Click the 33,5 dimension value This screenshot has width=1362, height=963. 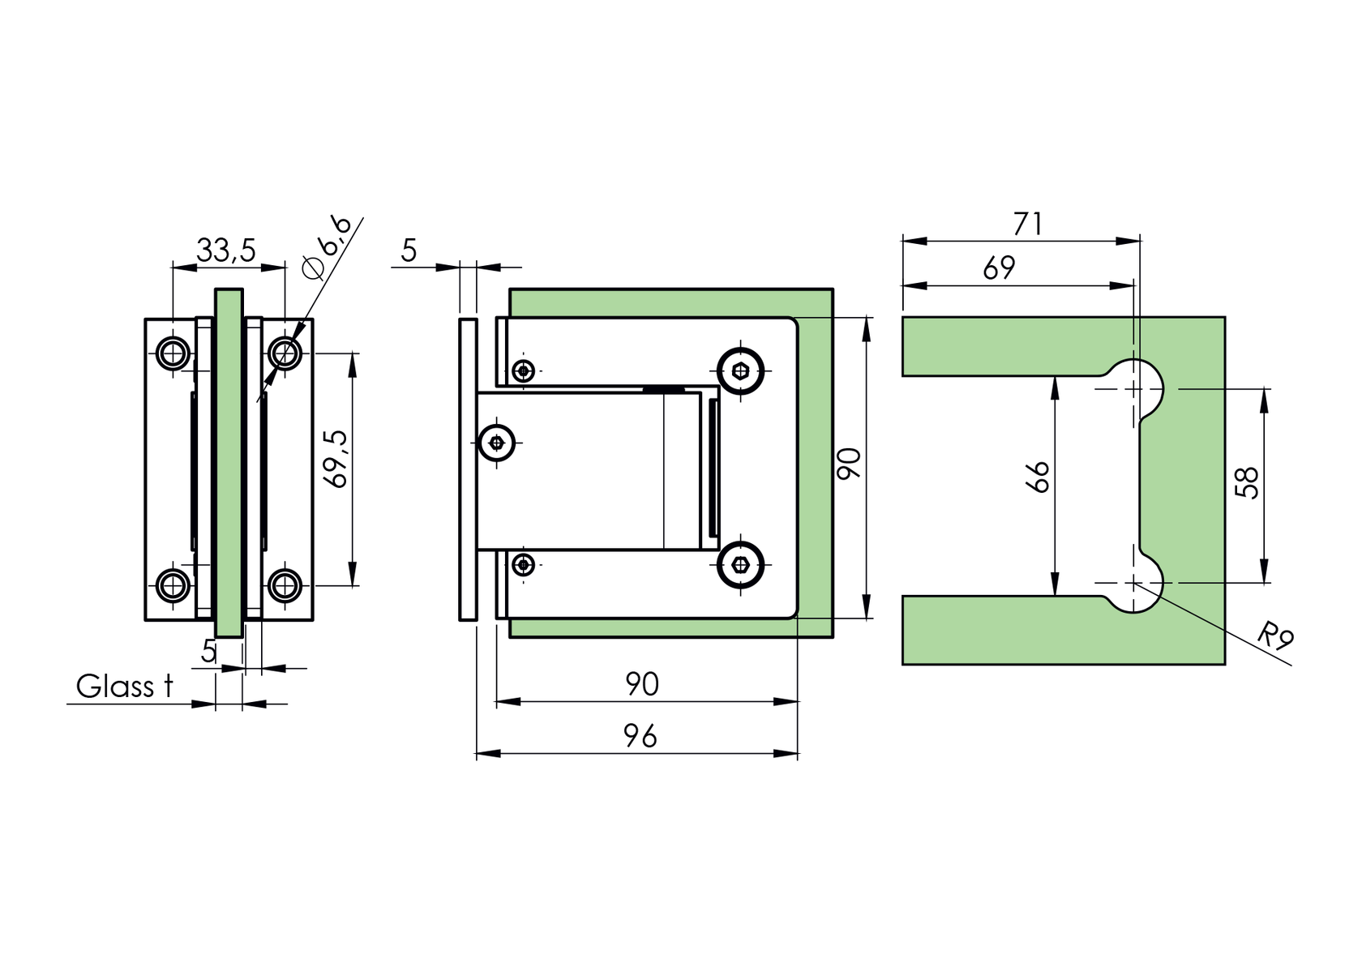[x=226, y=250]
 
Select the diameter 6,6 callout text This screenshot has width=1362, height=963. [x=327, y=246]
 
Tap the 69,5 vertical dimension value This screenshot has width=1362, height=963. [x=336, y=459]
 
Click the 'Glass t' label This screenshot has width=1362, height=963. [x=124, y=687]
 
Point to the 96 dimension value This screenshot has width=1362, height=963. [x=640, y=736]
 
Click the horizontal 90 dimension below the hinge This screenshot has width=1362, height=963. [x=642, y=685]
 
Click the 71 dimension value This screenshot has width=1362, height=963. [x=1027, y=224]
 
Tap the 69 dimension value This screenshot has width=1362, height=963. [x=999, y=268]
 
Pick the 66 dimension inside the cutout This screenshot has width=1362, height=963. [x=1038, y=477]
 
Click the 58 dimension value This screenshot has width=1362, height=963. [x=1248, y=483]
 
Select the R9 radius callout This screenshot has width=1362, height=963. [x=1274, y=636]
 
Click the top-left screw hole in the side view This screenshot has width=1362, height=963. [x=173, y=353]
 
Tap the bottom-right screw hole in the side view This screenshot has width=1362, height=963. [x=285, y=584]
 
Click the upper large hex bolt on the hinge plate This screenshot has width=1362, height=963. [x=741, y=371]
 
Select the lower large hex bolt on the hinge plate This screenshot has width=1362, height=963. [x=741, y=565]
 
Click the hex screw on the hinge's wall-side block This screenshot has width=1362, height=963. [x=497, y=443]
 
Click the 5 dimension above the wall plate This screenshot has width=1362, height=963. [x=409, y=251]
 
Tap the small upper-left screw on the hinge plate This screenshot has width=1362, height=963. [x=525, y=371]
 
